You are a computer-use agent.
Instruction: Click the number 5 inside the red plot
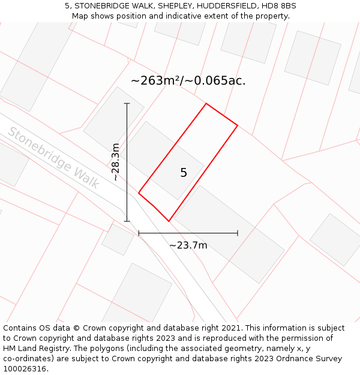coord(184,173)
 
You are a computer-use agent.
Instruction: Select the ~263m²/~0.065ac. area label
coord(188,80)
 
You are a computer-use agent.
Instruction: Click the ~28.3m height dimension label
coord(116,162)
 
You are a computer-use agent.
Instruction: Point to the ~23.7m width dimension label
coord(188,245)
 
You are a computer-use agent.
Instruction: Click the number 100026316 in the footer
coord(25,369)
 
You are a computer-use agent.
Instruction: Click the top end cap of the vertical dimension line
coord(127,103)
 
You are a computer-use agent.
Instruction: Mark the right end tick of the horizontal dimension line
coord(238,233)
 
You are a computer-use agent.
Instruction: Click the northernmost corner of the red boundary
coord(206,104)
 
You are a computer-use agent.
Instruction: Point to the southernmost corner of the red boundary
coord(169,221)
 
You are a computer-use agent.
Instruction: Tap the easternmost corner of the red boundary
coord(238,125)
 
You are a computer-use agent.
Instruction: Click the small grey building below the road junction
coord(118,238)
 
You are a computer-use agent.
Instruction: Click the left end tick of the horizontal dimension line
coord(139,233)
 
